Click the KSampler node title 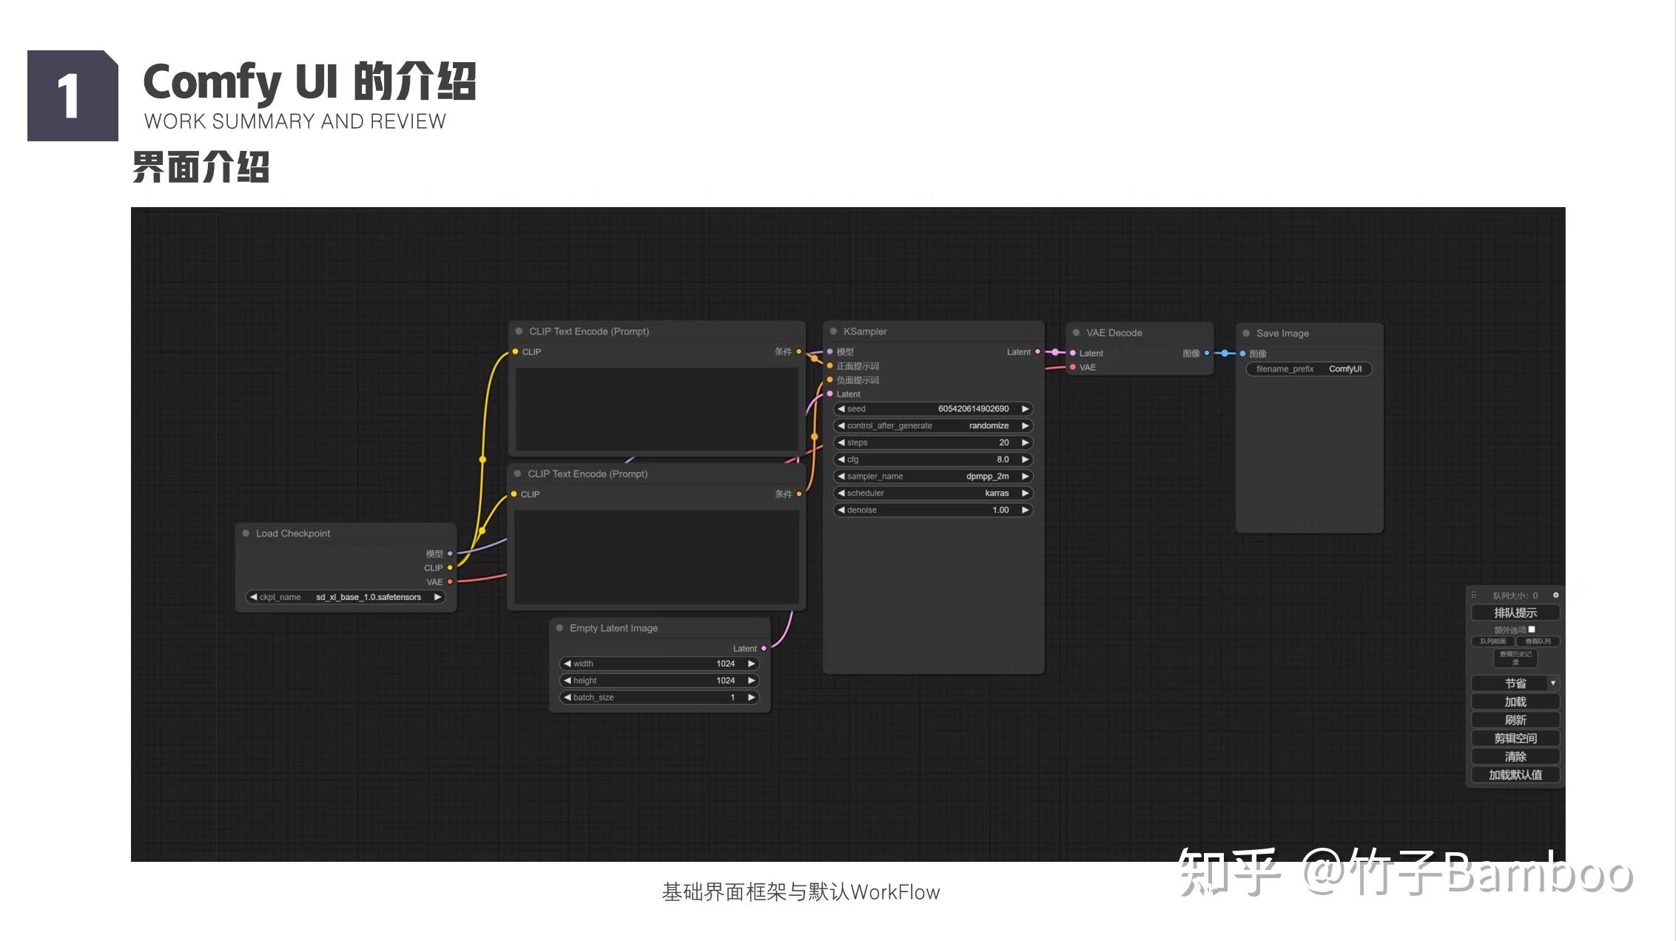click(x=865, y=331)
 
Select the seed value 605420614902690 click(x=932, y=409)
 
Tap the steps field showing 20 click(x=932, y=442)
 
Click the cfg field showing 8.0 click(x=932, y=459)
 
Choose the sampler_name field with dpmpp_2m click(x=932, y=476)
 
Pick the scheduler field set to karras click(x=932, y=493)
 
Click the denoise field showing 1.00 click(x=932, y=510)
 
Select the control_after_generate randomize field click(x=932, y=426)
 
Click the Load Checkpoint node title click(x=293, y=533)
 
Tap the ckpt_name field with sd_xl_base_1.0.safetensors click(x=346, y=597)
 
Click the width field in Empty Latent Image click(x=659, y=664)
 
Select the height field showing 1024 click(x=659, y=681)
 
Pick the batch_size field click(x=659, y=698)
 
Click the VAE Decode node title click(x=1114, y=333)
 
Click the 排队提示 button click(x=1515, y=613)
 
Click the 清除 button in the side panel click(x=1515, y=756)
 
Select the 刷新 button click(x=1515, y=720)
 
